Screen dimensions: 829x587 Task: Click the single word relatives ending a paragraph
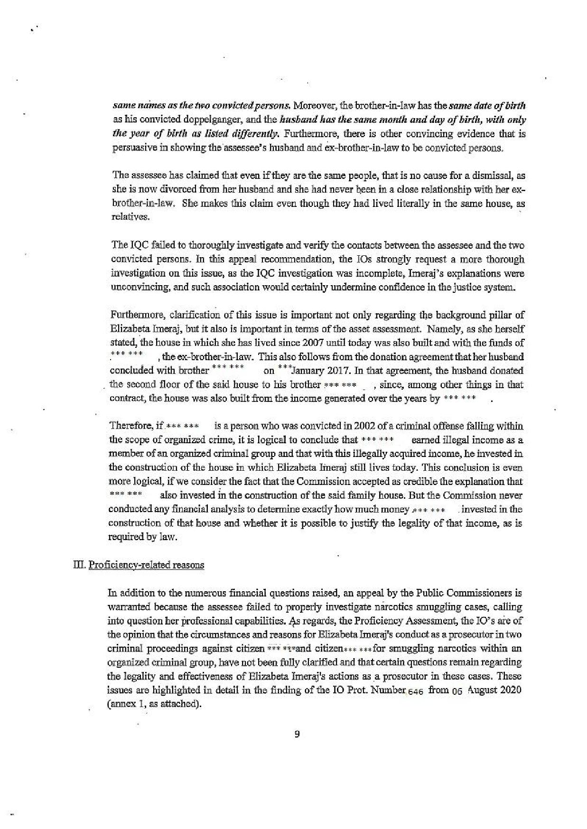pyautogui.click(x=124, y=217)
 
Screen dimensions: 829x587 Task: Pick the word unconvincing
pyautogui.click(x=134, y=287)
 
